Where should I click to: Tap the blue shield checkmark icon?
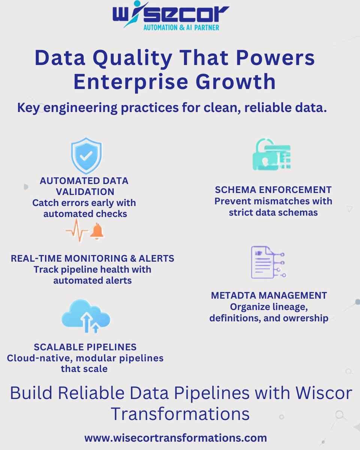[86, 155]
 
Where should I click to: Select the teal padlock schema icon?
[271, 155]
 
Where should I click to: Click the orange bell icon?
[97, 231]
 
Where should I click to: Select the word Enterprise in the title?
[133, 82]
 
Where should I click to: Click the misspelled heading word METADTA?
[234, 295]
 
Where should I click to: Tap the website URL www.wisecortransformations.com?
[175, 438]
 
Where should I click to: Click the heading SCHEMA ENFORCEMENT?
[273, 189]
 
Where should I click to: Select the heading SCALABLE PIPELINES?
[85, 346]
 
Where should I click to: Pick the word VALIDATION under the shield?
[84, 192]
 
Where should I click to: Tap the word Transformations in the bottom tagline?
[180, 414]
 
